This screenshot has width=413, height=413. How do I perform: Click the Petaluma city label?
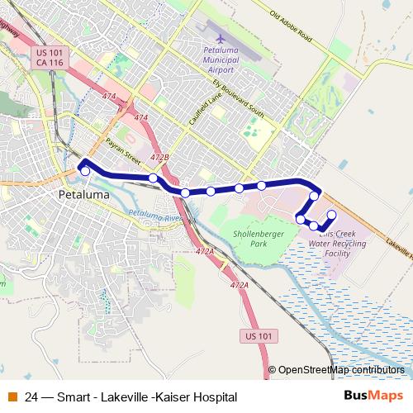(84, 196)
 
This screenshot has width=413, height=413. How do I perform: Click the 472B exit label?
(160, 156)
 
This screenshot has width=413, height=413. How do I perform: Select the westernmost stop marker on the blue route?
(85, 170)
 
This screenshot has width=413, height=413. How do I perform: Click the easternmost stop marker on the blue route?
(331, 216)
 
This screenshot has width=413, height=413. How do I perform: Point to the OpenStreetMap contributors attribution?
(341, 370)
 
